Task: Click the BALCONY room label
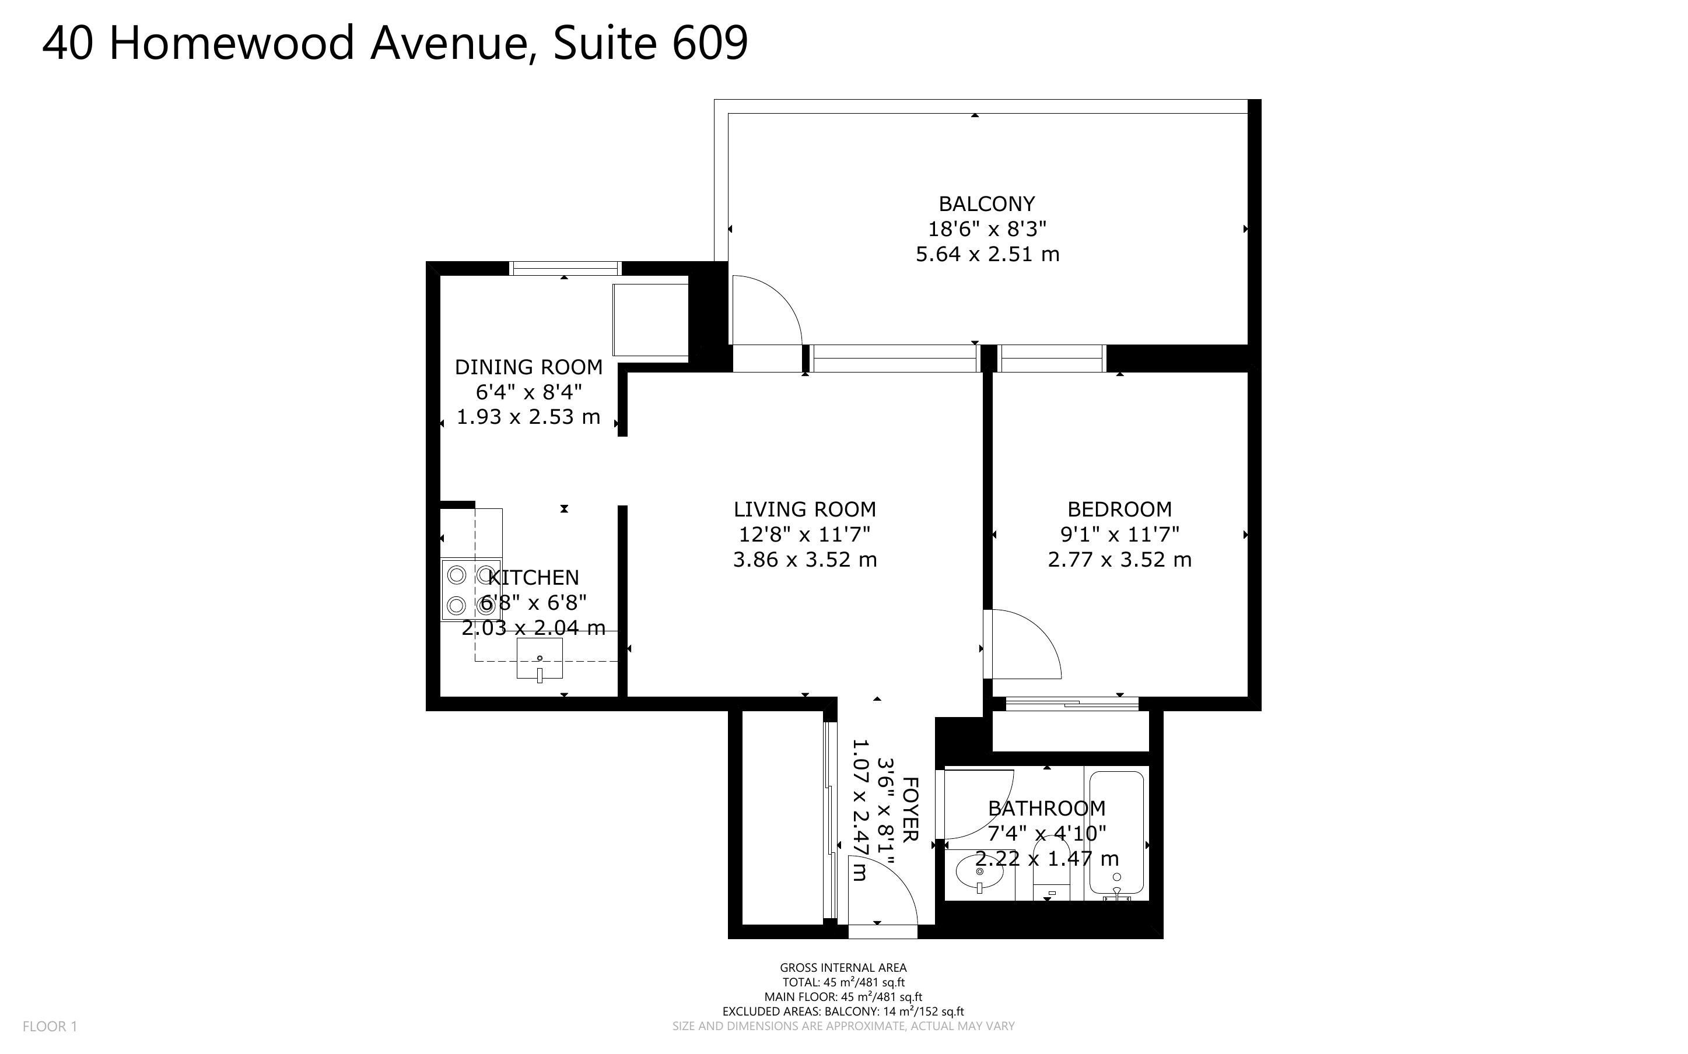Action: [986, 203]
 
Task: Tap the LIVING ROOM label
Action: [804, 509]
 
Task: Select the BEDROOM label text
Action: [1119, 509]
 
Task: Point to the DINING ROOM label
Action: [528, 367]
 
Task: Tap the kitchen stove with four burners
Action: [471, 590]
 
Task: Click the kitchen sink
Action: [539, 659]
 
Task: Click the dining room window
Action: [565, 268]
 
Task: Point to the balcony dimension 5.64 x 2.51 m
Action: [987, 254]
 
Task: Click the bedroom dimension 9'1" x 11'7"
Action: [1119, 534]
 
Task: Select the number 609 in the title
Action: [710, 43]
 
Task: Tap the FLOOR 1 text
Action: [50, 1026]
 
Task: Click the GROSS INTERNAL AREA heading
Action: [843, 967]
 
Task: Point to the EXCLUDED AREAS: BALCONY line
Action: [843, 1011]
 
